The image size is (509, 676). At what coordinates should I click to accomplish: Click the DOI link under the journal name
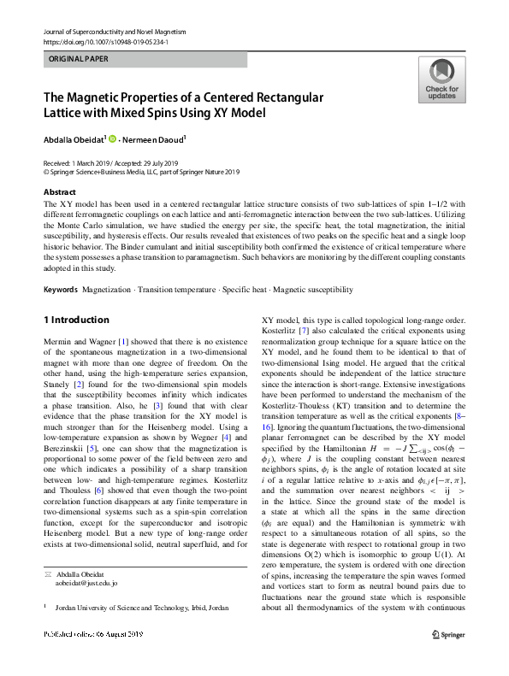pyautogui.click(x=105, y=41)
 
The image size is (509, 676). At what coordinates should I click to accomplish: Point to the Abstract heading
pyautogui.click(x=59, y=192)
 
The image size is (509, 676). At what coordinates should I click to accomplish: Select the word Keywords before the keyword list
pyautogui.click(x=61, y=291)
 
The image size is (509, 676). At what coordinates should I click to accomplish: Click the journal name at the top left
pyautogui.click(x=114, y=32)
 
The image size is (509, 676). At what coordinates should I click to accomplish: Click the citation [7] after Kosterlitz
pyautogui.click(x=305, y=329)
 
